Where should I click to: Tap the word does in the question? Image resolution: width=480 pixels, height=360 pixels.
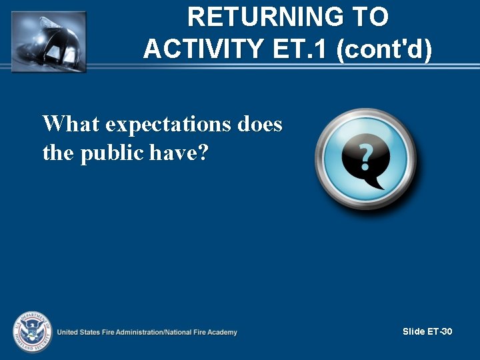262,124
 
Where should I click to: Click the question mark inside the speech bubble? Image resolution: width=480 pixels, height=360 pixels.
365,157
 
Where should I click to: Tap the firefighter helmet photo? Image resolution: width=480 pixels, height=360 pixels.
49,40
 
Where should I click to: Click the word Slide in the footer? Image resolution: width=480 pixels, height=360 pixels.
413,331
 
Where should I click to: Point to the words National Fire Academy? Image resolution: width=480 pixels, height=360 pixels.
203,332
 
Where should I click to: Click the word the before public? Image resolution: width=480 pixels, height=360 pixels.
59,154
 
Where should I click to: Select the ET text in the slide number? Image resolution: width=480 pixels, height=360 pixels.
433,331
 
